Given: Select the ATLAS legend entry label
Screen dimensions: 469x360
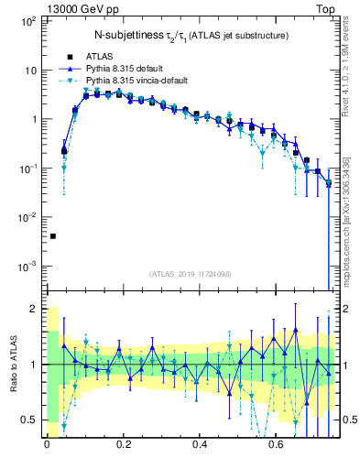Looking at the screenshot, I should [x=99, y=56].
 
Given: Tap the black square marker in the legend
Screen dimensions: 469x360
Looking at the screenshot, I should [x=69, y=57].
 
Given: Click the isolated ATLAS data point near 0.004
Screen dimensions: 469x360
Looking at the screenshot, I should [x=53, y=236].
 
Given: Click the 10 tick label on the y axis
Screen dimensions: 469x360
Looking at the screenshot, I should [x=29, y=71].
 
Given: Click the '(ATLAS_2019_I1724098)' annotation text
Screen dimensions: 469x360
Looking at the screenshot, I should [x=191, y=273].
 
